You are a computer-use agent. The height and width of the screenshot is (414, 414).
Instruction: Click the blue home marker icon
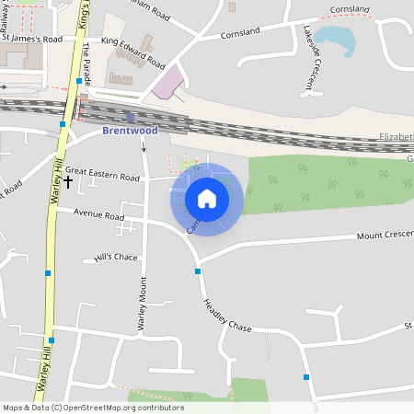point(207,198)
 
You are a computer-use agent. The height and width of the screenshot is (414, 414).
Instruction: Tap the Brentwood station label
point(130,131)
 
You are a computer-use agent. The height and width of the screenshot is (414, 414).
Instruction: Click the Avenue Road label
point(99,217)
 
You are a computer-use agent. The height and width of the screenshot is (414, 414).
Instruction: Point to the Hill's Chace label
point(115,258)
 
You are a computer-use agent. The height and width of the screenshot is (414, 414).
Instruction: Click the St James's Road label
point(32,40)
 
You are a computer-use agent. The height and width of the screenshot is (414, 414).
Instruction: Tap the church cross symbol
point(68,182)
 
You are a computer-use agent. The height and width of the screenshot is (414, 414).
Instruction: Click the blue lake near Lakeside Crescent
point(335,40)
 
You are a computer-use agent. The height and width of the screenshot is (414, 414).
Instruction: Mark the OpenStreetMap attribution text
point(94,408)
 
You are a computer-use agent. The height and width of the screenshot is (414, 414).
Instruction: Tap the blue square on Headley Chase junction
point(198,271)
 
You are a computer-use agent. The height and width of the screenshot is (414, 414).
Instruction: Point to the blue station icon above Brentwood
point(130,117)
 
